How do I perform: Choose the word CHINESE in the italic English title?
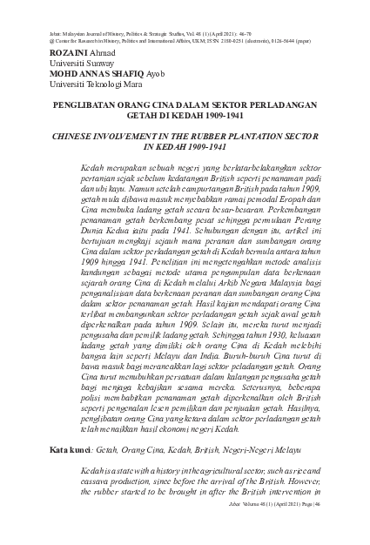[77, 138]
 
